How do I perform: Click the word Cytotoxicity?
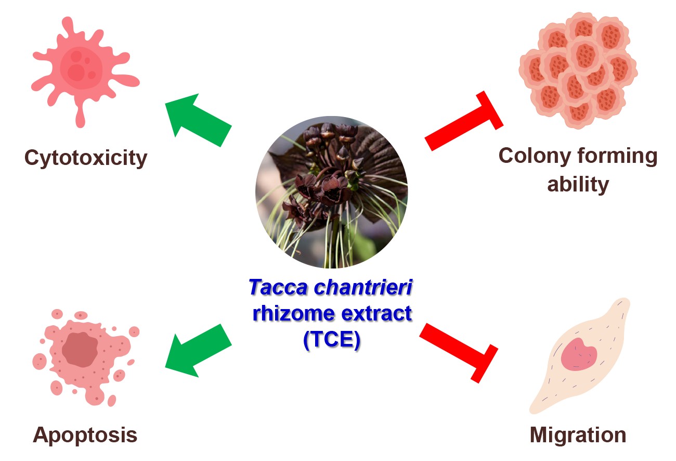click(86, 158)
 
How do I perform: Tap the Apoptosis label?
click(85, 435)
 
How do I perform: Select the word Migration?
click(578, 435)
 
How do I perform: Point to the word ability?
click(578, 184)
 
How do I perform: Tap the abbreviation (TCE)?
click(331, 342)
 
